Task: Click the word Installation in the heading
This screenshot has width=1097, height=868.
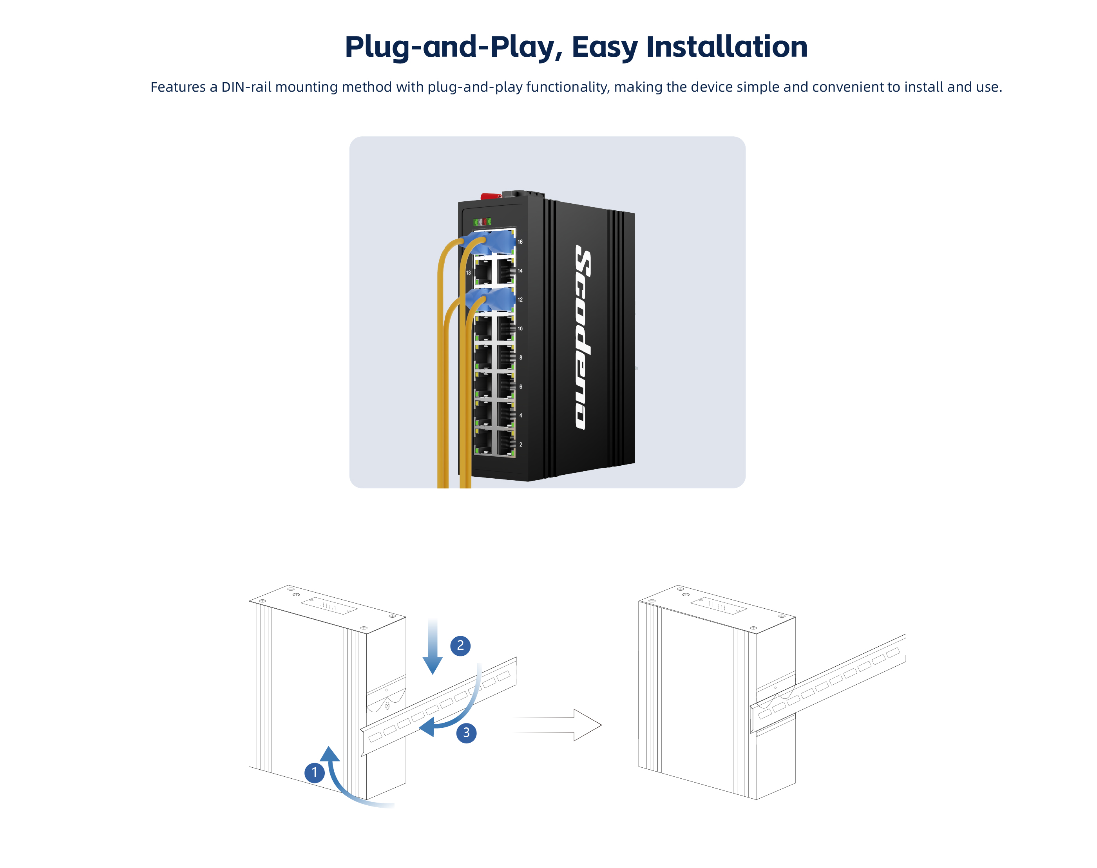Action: [726, 47]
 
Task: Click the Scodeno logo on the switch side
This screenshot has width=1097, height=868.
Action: [583, 336]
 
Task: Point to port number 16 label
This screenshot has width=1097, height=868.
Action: [520, 242]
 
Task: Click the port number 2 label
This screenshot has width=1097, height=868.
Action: [521, 445]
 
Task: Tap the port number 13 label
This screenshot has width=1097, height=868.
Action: [468, 273]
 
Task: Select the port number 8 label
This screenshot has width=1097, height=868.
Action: [521, 358]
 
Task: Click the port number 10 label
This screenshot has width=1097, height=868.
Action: [520, 329]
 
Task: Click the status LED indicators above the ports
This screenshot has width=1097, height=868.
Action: [482, 222]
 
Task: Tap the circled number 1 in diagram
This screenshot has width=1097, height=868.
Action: [314, 772]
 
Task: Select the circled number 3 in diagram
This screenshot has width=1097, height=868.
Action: [466, 733]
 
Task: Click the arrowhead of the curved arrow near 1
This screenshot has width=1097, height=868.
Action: [330, 754]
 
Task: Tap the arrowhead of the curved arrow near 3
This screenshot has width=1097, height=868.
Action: [427, 727]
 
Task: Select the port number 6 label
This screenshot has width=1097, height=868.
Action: [521, 387]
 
